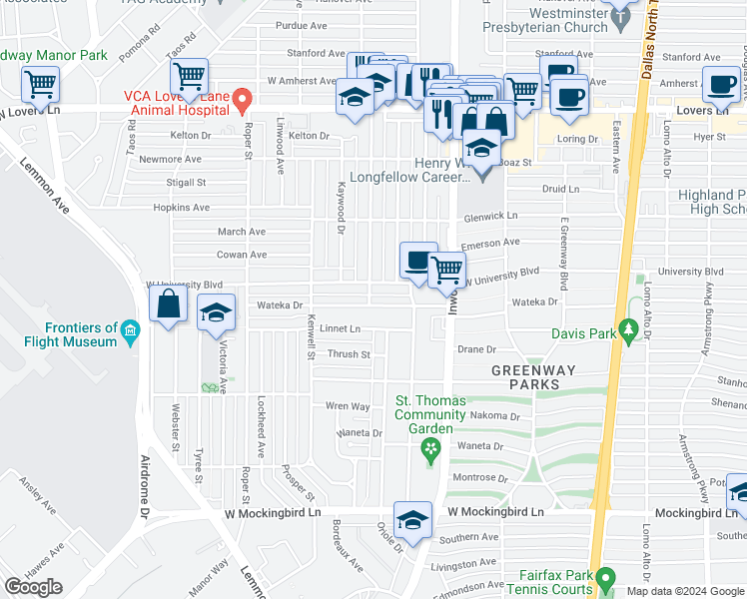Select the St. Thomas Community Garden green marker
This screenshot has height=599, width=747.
[x=431, y=450]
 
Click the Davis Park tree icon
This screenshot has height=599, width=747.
[x=628, y=329]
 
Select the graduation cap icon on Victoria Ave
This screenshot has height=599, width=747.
[x=217, y=311]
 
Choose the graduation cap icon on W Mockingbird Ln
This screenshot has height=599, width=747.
[x=412, y=518]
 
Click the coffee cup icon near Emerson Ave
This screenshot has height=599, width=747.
[x=418, y=261]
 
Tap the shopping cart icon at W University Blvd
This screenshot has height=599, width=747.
[x=447, y=269]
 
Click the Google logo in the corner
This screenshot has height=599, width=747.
[x=34, y=587]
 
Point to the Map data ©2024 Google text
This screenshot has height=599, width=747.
[x=684, y=591]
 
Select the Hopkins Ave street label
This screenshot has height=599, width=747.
[x=181, y=208]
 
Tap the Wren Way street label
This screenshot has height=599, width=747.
[x=348, y=406]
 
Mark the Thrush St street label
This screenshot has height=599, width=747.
[x=349, y=354]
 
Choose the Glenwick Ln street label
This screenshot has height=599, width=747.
[x=490, y=216]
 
